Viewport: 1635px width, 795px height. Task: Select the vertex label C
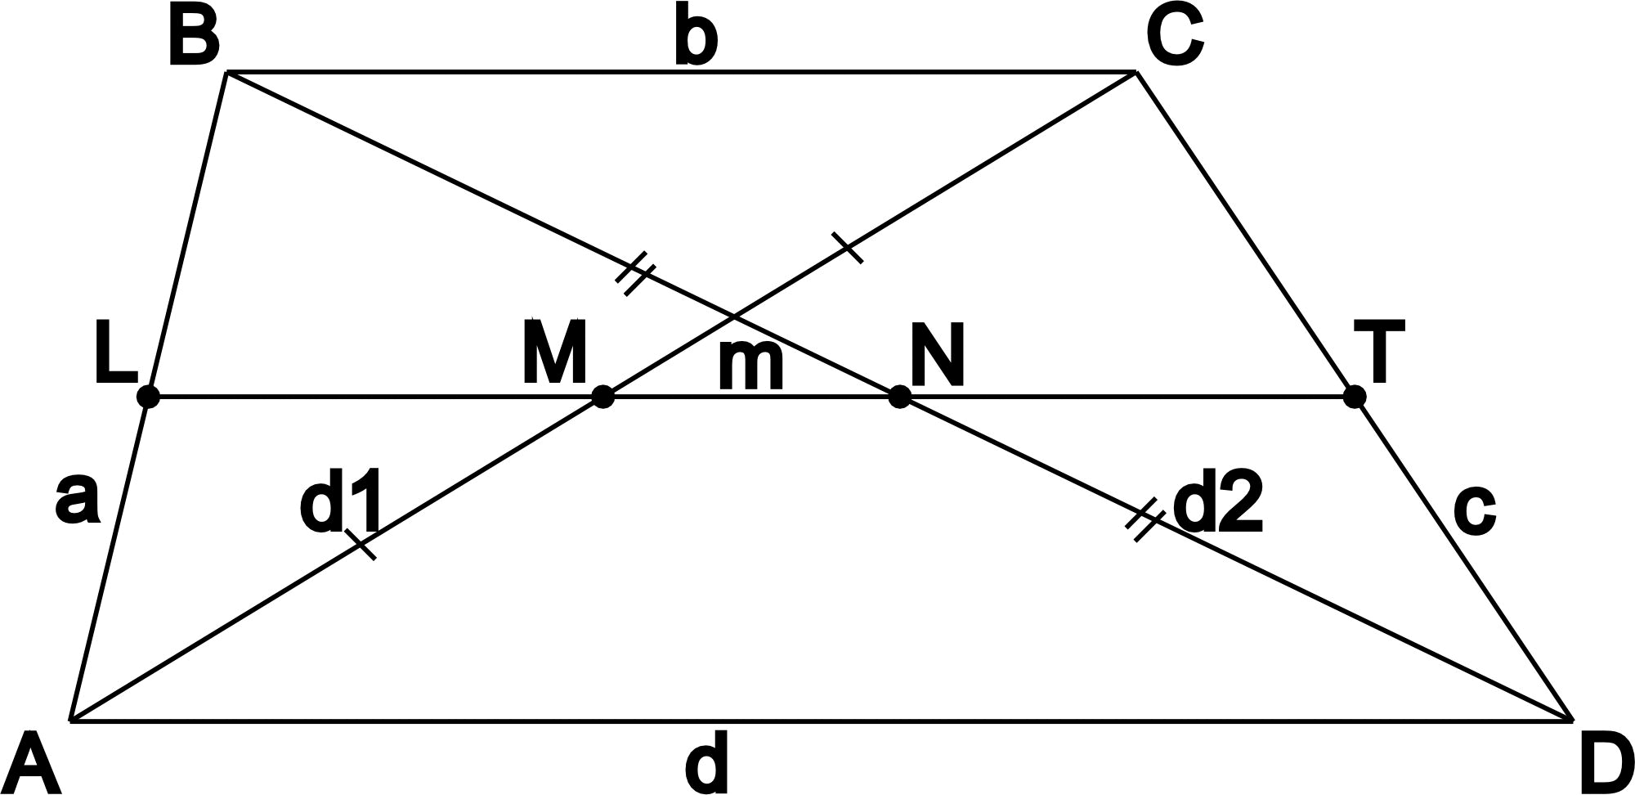pos(1174,38)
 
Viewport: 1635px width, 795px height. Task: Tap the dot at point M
pos(602,397)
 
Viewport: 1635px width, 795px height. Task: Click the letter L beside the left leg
pos(114,353)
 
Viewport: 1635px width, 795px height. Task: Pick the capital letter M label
pos(554,353)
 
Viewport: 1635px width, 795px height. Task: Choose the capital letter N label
pos(938,355)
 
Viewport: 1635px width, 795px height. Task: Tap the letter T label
pos(1378,352)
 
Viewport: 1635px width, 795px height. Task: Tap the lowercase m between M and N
pos(750,366)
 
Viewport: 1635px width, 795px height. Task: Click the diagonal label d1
pos(340,505)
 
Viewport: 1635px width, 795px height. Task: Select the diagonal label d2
pos(1218,505)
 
